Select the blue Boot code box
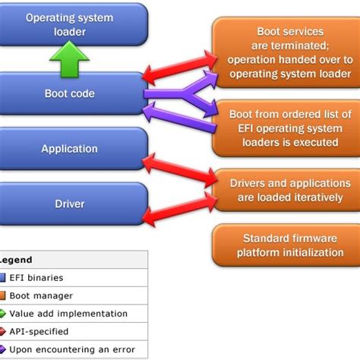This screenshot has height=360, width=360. [69, 94]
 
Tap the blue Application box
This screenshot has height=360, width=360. [69, 149]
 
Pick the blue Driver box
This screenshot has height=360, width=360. [69, 204]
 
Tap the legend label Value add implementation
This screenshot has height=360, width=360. [68, 313]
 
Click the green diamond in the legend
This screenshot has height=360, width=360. [2, 313]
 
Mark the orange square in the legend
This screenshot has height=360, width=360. [2, 295]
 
